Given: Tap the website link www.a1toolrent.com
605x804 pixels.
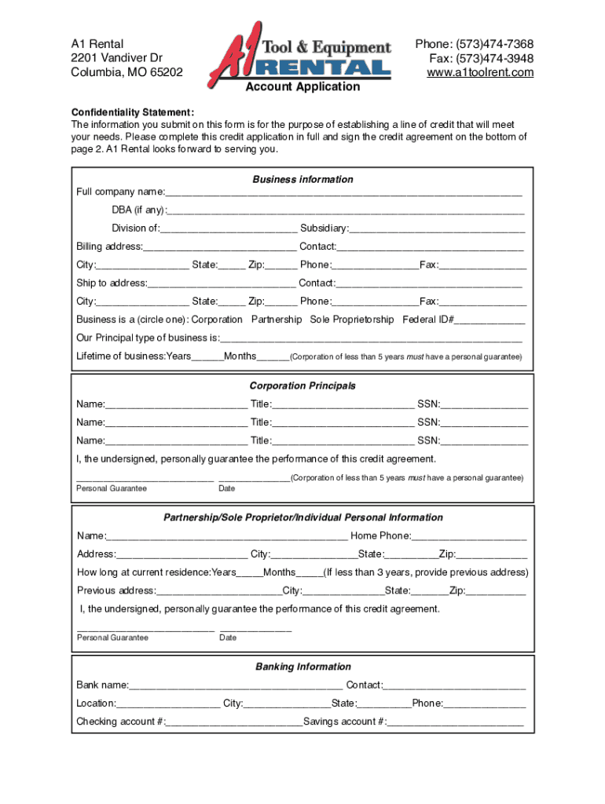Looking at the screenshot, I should pos(480,72).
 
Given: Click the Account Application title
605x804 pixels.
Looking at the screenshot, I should pos(302,87).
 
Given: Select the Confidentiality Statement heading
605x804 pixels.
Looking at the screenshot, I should pos(133,111).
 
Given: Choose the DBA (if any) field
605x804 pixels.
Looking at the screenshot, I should pos(346,210).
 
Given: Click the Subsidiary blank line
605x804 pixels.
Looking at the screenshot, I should pos(437,228).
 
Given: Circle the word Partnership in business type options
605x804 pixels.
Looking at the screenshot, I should pos(277,320).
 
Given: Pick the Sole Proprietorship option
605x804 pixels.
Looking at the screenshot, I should pos(352,320).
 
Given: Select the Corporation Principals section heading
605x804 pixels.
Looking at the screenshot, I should pos(302,386).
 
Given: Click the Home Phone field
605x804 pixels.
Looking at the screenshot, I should pos(469,535).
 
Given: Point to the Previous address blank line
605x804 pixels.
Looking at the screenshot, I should pos(218,590).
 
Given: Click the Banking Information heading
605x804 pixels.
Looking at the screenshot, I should pos(302,667).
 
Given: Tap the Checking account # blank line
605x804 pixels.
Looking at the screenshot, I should pos(234,722).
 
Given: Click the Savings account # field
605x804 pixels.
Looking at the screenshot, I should pos(456,722).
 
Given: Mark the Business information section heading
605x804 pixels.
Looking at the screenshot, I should pos(302,179).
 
